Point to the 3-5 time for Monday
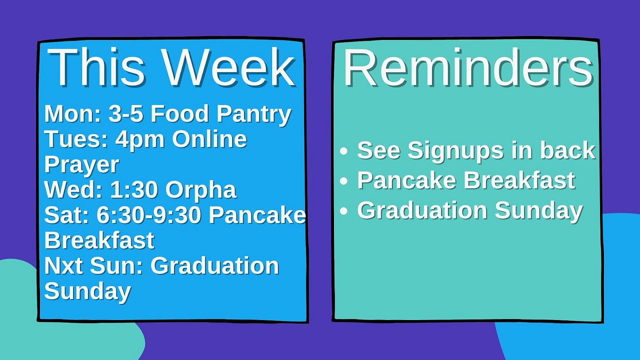tap(126, 114)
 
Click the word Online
tap(209, 139)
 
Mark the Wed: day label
tap(73, 190)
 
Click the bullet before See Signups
tap(344, 151)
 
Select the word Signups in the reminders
tap(455, 151)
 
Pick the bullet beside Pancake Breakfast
tap(344, 181)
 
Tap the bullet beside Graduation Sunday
tap(344, 211)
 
